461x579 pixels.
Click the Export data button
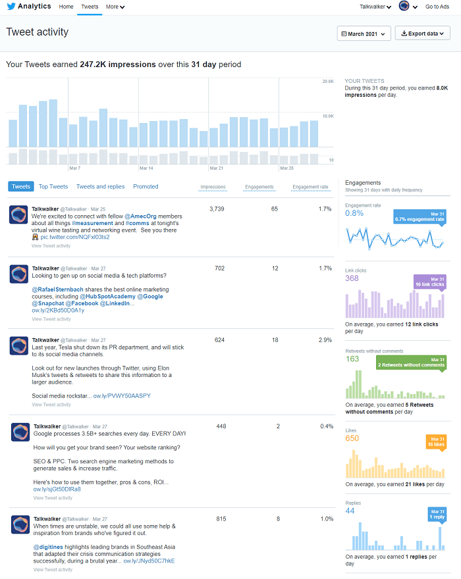tap(422, 34)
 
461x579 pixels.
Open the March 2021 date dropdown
tap(364, 34)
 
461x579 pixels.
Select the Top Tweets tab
tap(53, 187)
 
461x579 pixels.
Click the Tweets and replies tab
tap(100, 187)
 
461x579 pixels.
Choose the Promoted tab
tap(146, 187)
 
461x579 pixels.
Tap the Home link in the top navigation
tap(66, 7)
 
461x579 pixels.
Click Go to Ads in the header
tap(437, 7)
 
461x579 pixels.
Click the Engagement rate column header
tap(310, 187)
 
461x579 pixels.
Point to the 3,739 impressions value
tap(217, 209)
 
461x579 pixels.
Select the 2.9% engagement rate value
tap(325, 340)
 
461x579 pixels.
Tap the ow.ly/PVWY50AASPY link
tap(122, 396)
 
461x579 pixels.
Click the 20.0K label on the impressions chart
tap(327, 82)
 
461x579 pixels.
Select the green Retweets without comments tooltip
tap(412, 363)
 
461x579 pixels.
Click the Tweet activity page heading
tap(38, 32)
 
